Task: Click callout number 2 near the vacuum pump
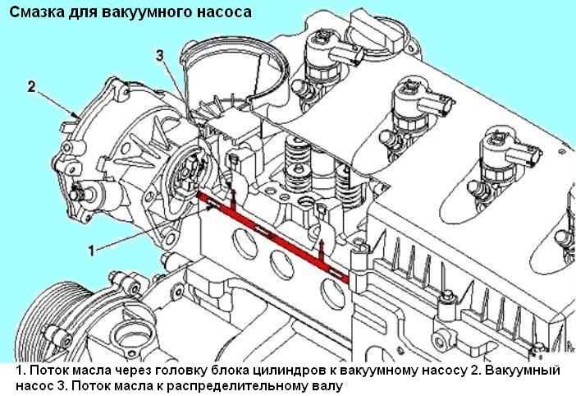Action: click(x=30, y=85)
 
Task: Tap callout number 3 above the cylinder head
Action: click(x=161, y=55)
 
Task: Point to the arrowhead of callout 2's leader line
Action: click(x=77, y=114)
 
